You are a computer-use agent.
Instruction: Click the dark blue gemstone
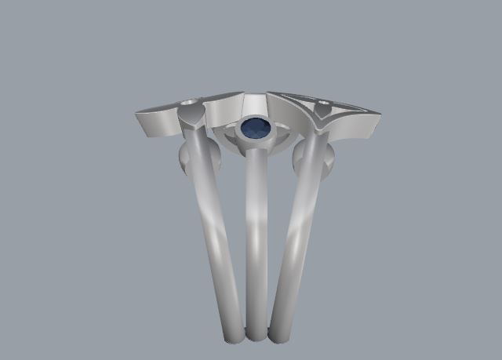[x=255, y=128]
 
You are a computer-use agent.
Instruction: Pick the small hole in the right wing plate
[x=323, y=104]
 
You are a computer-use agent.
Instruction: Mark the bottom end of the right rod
[x=280, y=336]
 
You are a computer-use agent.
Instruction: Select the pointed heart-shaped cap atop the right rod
[x=322, y=119]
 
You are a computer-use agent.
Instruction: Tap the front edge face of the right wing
[x=357, y=130]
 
